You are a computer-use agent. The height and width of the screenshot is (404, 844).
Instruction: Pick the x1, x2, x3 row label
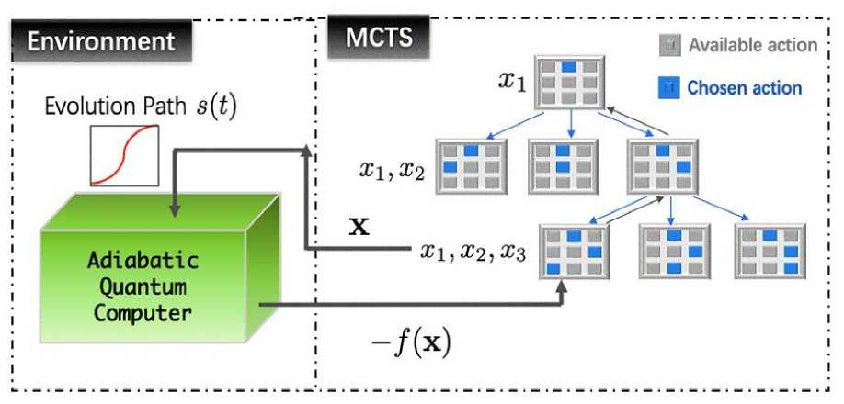(473, 250)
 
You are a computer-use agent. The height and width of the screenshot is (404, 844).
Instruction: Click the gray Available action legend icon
(669, 44)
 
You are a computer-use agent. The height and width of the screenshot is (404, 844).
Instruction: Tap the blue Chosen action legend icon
(669, 88)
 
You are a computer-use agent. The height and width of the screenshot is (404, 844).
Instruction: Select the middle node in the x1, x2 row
(563, 165)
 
